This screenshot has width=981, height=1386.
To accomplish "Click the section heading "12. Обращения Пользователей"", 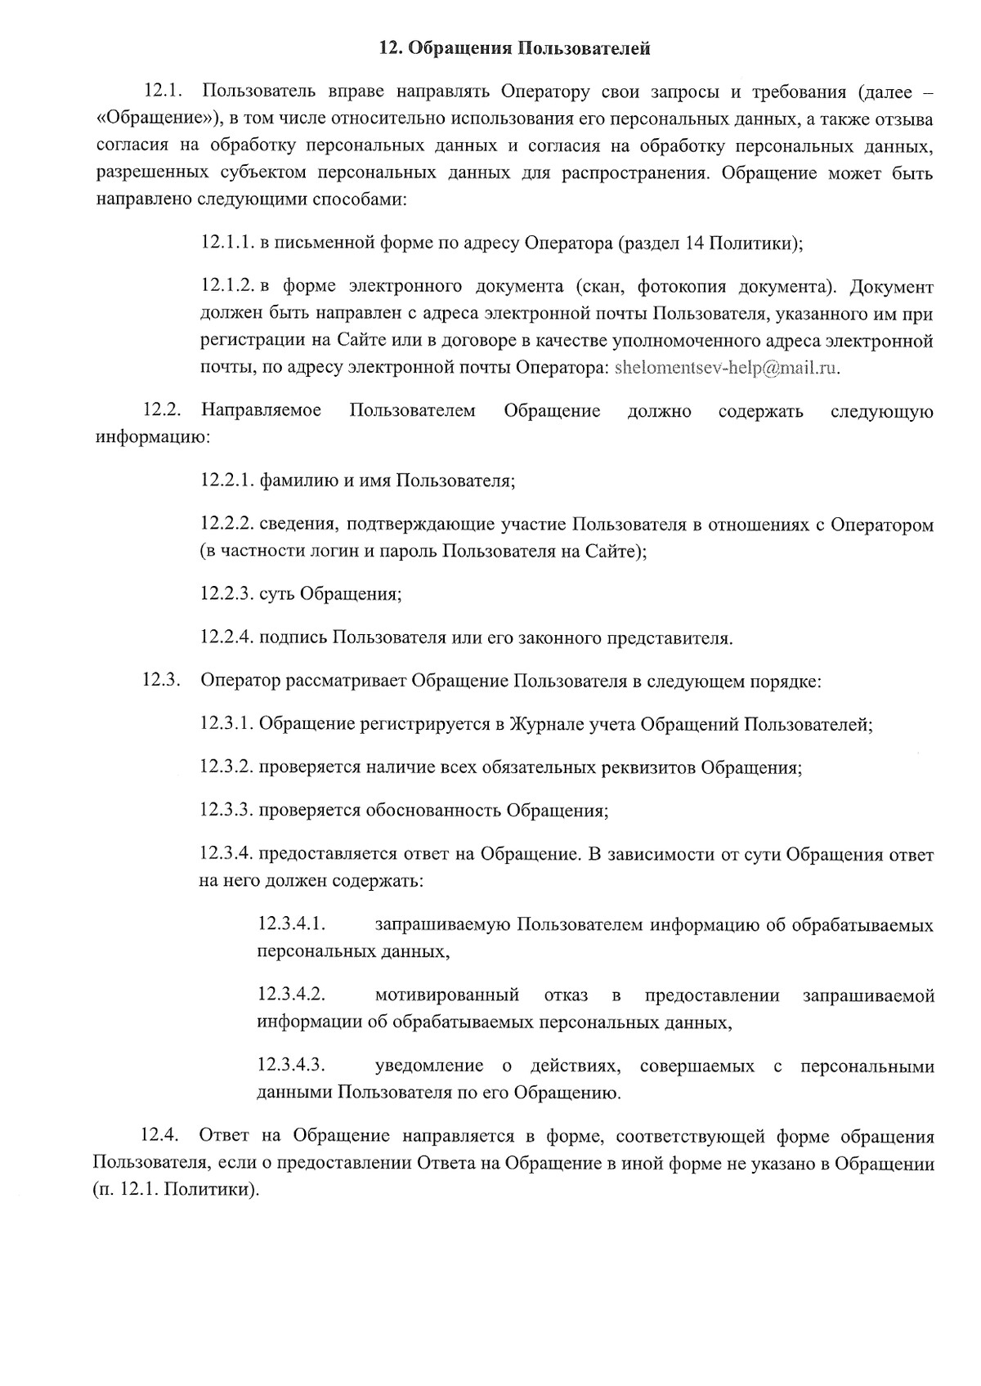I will (x=515, y=50).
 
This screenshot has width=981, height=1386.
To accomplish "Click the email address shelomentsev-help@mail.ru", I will (x=727, y=368).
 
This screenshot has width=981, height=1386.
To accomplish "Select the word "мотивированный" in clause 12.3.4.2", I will (x=447, y=995).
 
